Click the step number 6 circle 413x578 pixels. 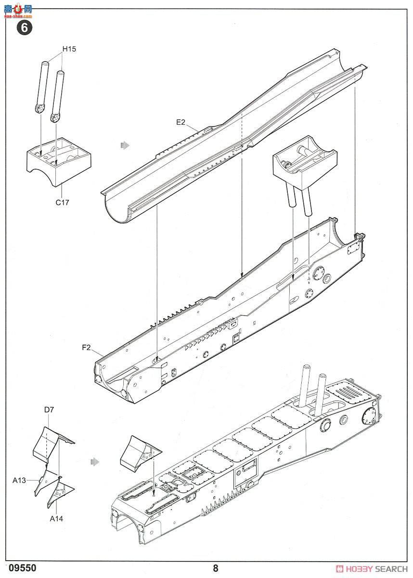tap(25, 27)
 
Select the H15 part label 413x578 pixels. tap(69, 49)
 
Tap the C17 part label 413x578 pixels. tap(62, 203)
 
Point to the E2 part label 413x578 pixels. tap(181, 122)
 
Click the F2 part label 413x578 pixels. tap(86, 348)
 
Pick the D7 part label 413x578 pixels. tap(49, 409)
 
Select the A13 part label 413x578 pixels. tap(19, 480)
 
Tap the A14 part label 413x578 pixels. tap(56, 519)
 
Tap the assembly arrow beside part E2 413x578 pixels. tap(125, 145)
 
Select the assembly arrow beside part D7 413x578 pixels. tap(95, 461)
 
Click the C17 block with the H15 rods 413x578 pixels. tap(59, 163)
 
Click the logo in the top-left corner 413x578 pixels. tap(18, 11)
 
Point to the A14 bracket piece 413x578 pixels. tap(61, 493)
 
